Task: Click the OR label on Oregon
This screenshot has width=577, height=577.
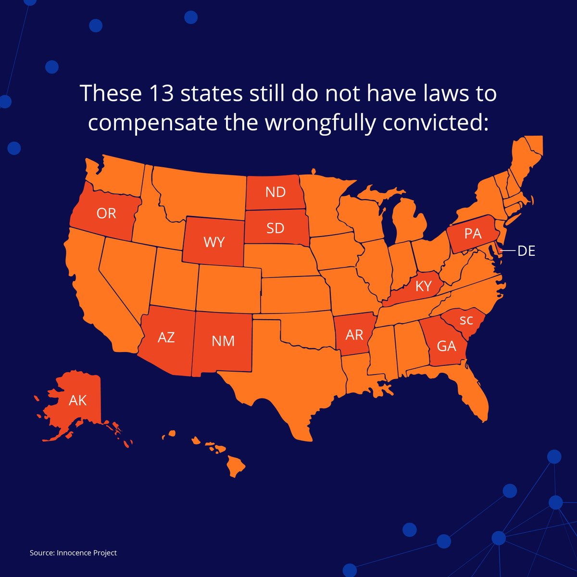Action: (106, 213)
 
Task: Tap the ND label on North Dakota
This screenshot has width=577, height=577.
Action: (275, 192)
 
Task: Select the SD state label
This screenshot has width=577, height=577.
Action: (275, 227)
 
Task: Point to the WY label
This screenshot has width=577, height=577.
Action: (214, 242)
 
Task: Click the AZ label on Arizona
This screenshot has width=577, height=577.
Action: (166, 338)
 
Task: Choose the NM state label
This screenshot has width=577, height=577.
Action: (223, 341)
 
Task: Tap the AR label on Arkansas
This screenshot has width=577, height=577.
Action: (354, 335)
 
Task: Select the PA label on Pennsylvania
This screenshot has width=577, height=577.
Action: (473, 234)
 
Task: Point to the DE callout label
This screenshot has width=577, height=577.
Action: (526, 251)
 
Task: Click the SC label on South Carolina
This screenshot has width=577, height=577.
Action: (466, 321)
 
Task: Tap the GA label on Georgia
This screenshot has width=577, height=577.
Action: (446, 346)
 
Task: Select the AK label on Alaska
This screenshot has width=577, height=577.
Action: (78, 400)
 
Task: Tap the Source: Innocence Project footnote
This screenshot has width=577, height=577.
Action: (73, 553)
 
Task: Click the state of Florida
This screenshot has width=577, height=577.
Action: (474, 397)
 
